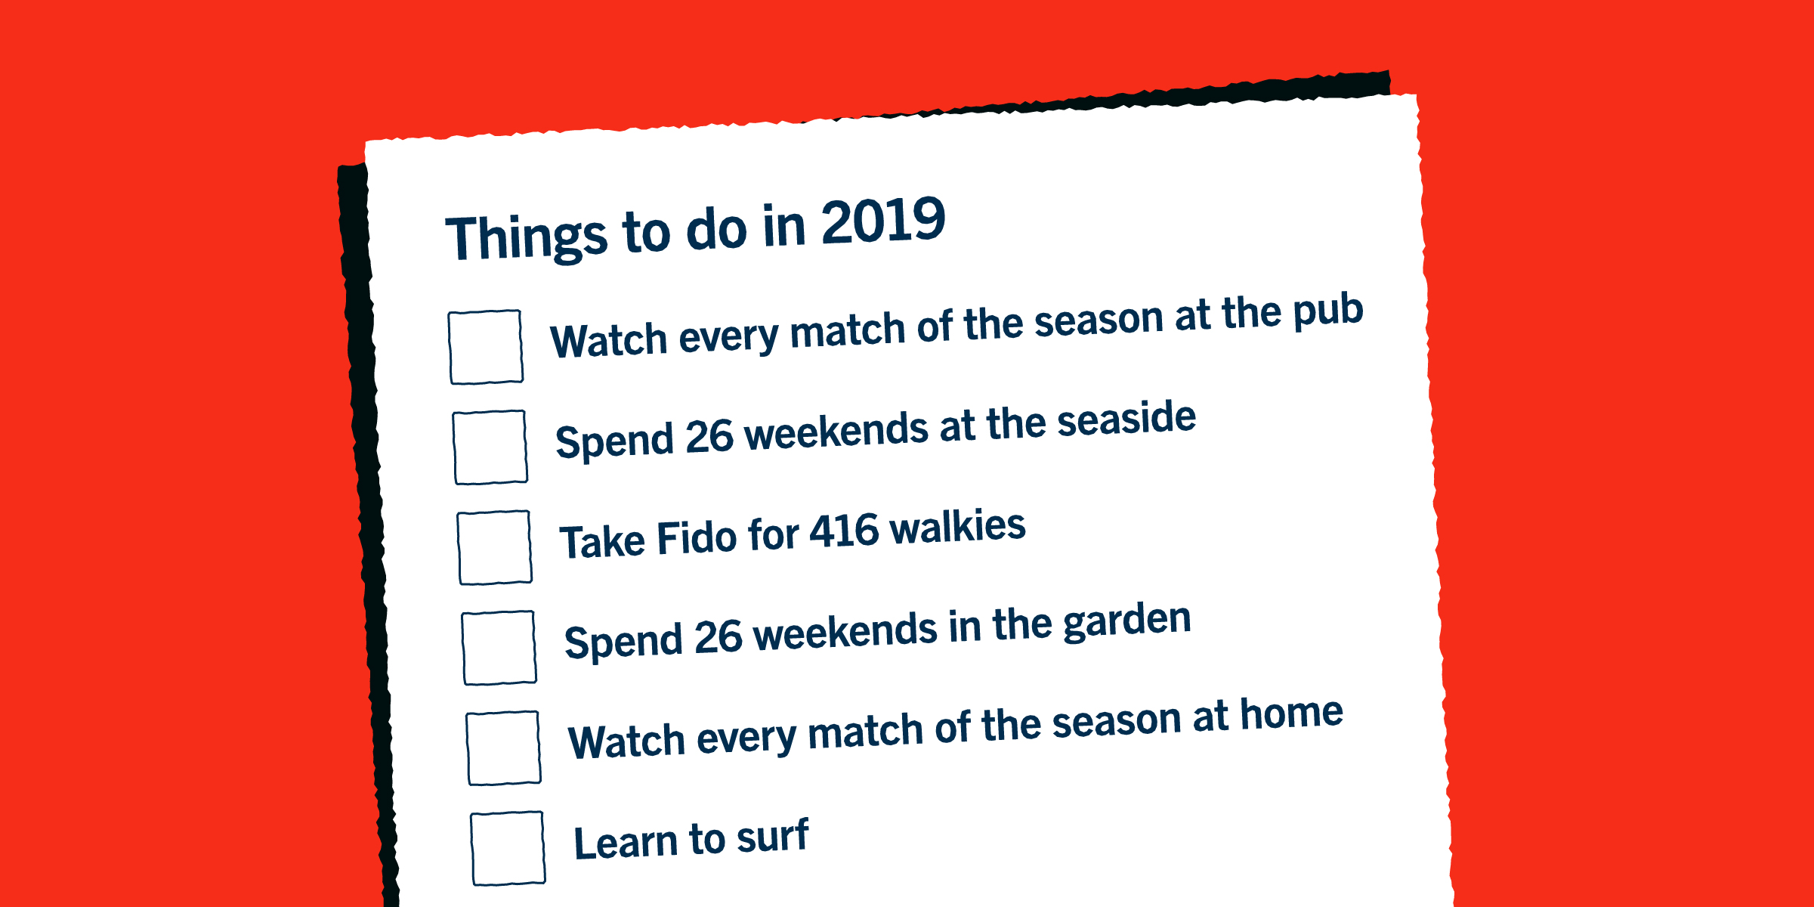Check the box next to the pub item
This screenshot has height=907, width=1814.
[486, 347]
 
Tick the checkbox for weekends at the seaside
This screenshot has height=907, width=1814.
[490, 447]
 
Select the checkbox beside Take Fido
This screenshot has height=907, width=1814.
[495, 548]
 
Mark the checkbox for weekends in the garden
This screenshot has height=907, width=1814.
[499, 648]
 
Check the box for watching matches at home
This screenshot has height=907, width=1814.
[504, 748]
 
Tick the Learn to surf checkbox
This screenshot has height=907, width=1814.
[508, 848]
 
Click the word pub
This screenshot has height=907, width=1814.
[1328, 312]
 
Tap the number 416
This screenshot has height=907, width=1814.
[845, 531]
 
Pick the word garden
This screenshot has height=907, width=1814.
[1127, 622]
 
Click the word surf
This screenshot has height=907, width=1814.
[773, 836]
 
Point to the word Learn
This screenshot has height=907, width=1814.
[626, 843]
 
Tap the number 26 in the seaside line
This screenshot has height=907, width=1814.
[709, 438]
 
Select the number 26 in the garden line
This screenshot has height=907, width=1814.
[718, 637]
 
